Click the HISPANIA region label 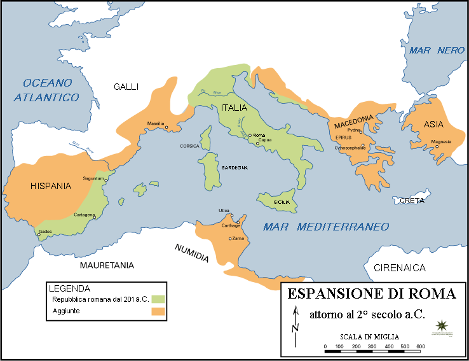(50, 187)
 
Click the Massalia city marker (167, 128)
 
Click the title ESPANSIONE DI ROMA (372, 294)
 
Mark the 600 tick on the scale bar (421, 347)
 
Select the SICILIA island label (282, 202)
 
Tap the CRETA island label (412, 201)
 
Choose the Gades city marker (39, 235)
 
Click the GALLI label (126, 87)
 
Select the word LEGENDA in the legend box (73, 288)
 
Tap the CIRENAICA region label (399, 268)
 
